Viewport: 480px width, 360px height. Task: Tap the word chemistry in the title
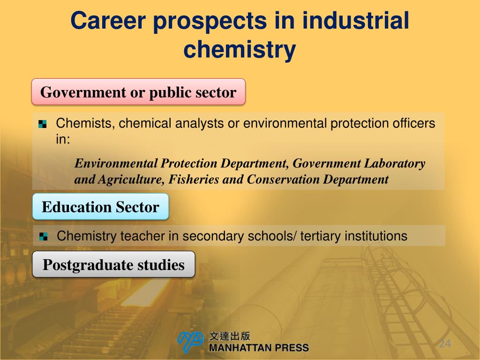(x=240, y=50)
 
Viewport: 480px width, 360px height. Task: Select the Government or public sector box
(x=138, y=92)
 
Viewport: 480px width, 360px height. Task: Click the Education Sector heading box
(x=100, y=207)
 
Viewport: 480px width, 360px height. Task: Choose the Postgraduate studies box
(x=113, y=265)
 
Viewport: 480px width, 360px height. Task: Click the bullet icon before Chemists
(x=43, y=124)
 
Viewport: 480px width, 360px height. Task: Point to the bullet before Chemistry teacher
(x=44, y=236)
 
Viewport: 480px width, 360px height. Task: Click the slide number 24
(x=444, y=344)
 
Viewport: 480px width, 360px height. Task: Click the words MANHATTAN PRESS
(x=259, y=348)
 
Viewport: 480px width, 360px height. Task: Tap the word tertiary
(x=321, y=236)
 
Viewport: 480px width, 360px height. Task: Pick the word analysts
(x=200, y=124)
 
